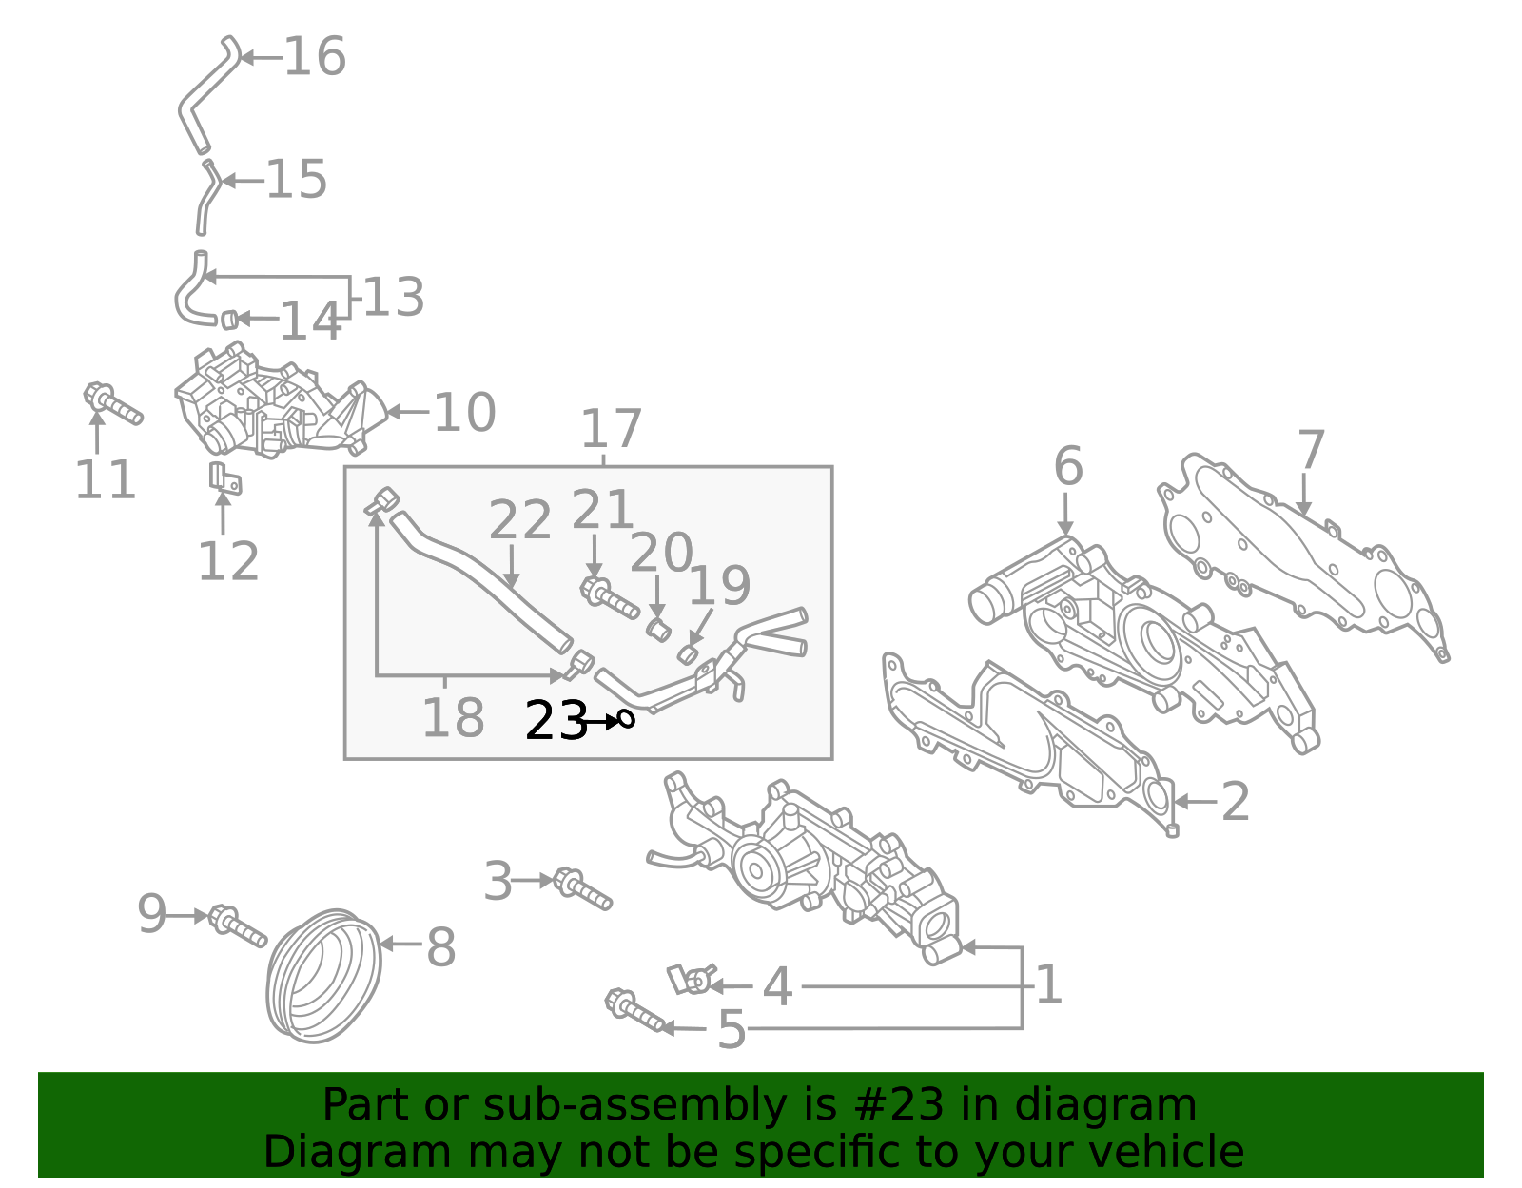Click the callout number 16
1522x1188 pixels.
click(315, 57)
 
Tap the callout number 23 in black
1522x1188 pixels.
click(556, 721)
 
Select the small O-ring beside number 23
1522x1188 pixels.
click(626, 719)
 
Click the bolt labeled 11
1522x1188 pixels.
click(113, 404)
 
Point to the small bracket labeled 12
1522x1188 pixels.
click(225, 478)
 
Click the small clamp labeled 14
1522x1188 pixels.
click(227, 320)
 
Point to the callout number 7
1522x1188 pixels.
click(1311, 450)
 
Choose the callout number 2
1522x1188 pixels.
click(1236, 802)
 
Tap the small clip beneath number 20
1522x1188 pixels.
click(657, 630)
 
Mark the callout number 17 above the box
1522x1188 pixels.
click(611, 428)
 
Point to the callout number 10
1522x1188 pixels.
click(465, 413)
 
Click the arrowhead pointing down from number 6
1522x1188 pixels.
click(1065, 528)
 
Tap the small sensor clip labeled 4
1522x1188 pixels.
click(692, 979)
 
